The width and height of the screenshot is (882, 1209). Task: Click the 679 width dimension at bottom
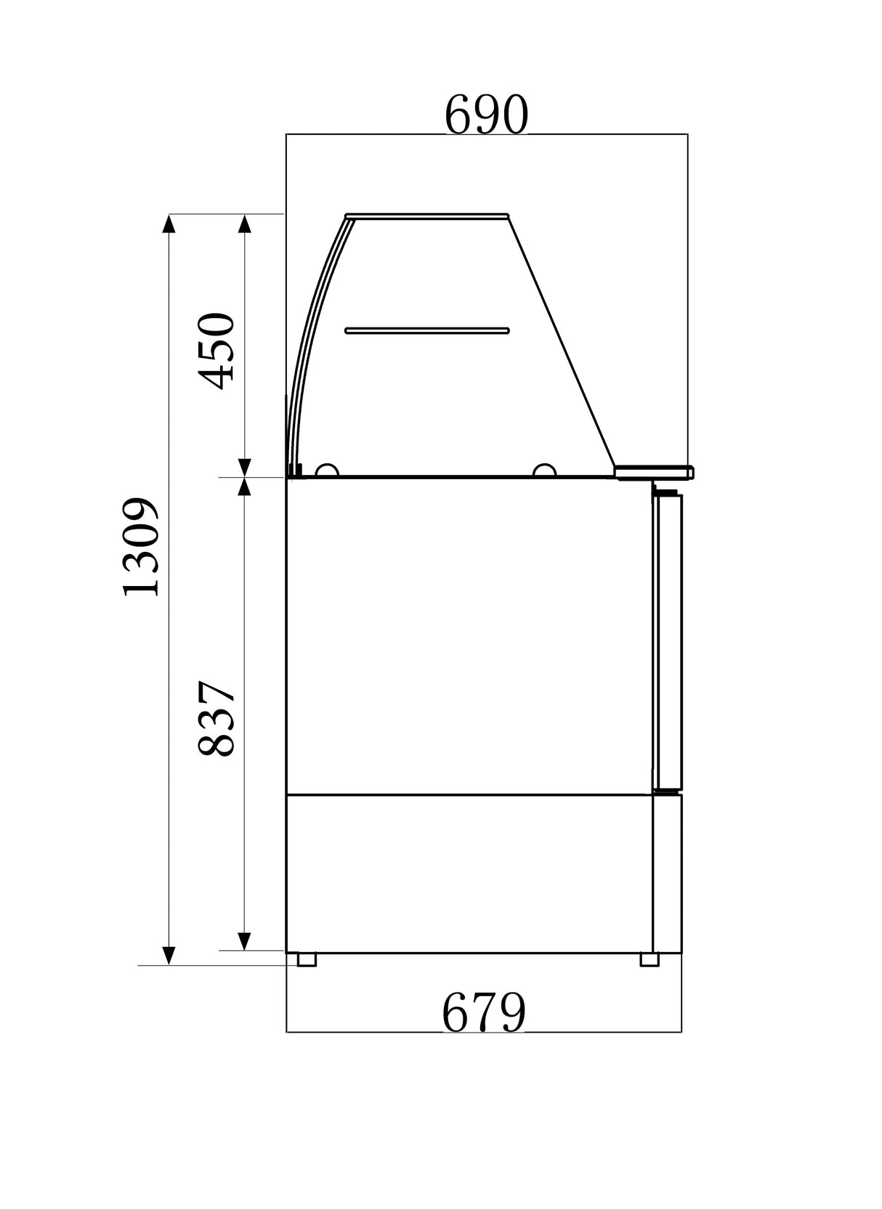pos(483,1013)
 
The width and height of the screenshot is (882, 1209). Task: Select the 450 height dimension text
pos(217,351)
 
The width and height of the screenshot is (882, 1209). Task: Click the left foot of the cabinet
pos(307,959)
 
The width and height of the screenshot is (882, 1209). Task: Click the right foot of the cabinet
pos(649,959)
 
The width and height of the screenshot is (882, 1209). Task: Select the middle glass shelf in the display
pos(427,330)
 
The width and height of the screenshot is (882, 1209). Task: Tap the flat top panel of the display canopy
pos(427,215)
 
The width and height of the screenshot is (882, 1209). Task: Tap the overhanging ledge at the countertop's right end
pos(654,473)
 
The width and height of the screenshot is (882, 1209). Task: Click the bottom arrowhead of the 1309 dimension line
pos(169,956)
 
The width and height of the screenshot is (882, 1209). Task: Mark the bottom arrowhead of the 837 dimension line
pos(245,941)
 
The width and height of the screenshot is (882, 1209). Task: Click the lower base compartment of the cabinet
pos(469,873)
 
